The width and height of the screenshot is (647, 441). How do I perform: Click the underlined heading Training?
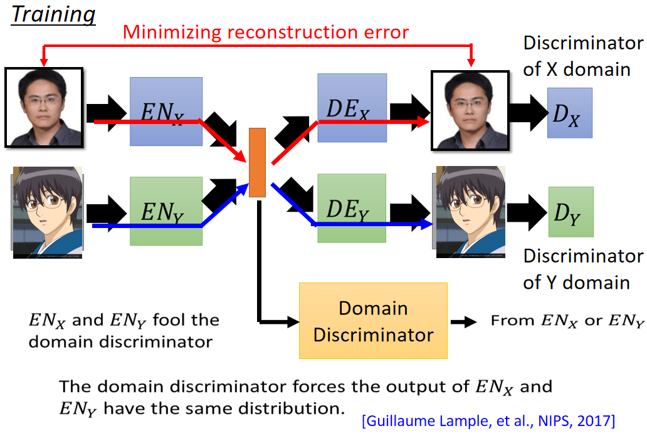click(x=53, y=15)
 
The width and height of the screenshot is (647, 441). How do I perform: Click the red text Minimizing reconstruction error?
click(x=266, y=32)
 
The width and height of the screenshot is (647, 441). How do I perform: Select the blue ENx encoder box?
click(x=166, y=112)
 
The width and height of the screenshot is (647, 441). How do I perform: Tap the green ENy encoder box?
click(x=166, y=211)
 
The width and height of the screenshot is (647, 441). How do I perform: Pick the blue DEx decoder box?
click(x=352, y=108)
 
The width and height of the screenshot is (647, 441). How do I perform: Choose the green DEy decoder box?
click(x=352, y=208)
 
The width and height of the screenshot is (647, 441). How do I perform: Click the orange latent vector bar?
click(x=257, y=162)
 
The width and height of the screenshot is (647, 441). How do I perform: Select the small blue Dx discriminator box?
click(x=570, y=113)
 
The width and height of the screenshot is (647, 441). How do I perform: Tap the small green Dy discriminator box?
click(x=571, y=212)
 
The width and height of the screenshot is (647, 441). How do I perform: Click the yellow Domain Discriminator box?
click(x=373, y=321)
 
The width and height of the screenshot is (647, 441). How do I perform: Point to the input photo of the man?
click(x=44, y=108)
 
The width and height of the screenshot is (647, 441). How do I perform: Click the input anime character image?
click(x=47, y=212)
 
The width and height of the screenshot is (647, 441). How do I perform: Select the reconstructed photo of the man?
click(x=470, y=110)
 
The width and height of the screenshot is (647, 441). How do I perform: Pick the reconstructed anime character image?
click(x=470, y=212)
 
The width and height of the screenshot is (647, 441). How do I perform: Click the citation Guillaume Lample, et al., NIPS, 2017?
click(x=488, y=421)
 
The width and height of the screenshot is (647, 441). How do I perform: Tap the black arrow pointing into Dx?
click(x=529, y=113)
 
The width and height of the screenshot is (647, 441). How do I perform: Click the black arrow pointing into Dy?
click(x=527, y=212)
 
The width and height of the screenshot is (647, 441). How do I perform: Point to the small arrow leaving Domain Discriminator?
click(x=464, y=321)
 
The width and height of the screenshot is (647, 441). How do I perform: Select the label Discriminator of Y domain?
click(x=583, y=269)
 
